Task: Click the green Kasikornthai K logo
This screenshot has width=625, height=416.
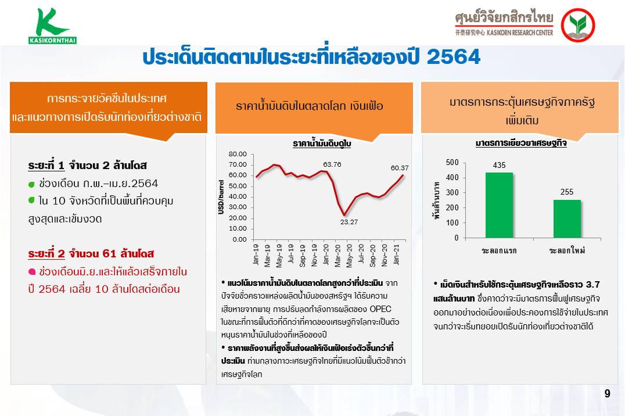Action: click(52, 26)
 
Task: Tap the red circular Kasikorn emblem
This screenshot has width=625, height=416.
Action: click(577, 25)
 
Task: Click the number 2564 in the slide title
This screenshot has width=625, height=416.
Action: click(454, 57)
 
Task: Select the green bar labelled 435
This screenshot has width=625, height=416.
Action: click(499, 205)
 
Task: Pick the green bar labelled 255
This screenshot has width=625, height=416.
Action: click(567, 218)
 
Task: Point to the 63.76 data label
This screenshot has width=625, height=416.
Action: click(332, 164)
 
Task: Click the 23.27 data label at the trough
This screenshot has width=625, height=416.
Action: click(349, 222)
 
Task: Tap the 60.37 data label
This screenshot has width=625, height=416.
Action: click(400, 168)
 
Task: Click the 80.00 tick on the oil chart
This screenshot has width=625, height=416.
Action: click(238, 154)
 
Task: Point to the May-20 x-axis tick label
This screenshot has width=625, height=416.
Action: click(349, 256)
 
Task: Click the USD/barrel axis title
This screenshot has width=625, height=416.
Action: click(221, 197)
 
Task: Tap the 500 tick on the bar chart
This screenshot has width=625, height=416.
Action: click(452, 162)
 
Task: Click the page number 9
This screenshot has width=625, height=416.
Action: click(607, 394)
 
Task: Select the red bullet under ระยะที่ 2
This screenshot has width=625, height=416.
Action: click(32, 272)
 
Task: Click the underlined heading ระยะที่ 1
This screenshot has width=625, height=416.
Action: click(46, 165)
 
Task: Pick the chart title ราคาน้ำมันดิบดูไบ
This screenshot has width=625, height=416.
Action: click(322, 144)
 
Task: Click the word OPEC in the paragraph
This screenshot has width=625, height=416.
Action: click(380, 309)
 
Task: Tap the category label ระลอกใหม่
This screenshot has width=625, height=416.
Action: click(567, 250)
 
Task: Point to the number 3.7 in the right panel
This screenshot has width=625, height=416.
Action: click(592, 285)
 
